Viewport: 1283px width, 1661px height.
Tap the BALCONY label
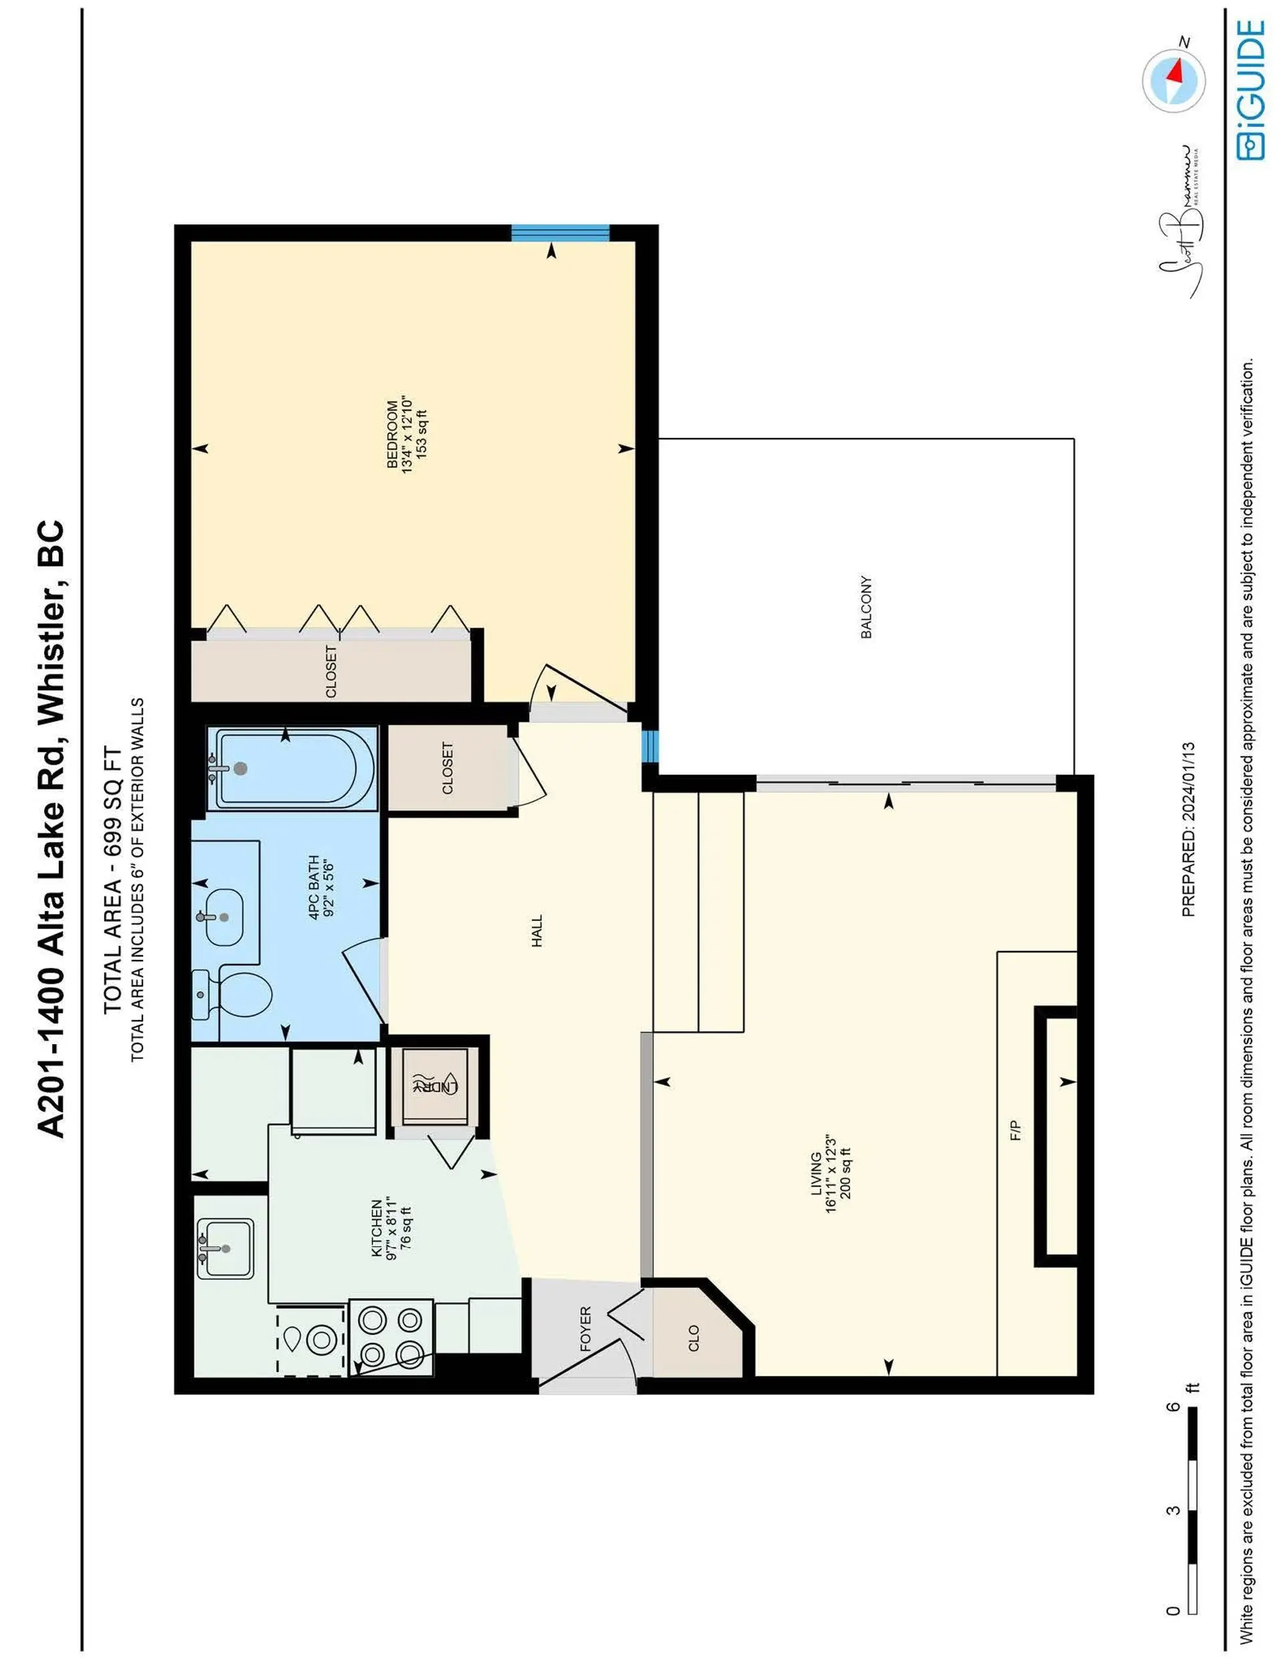click(866, 607)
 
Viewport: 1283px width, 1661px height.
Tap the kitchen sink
click(225, 1249)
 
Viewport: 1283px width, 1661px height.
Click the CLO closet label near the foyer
click(693, 1339)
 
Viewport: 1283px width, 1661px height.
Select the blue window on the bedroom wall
click(560, 233)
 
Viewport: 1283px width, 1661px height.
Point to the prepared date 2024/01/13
click(1188, 829)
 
